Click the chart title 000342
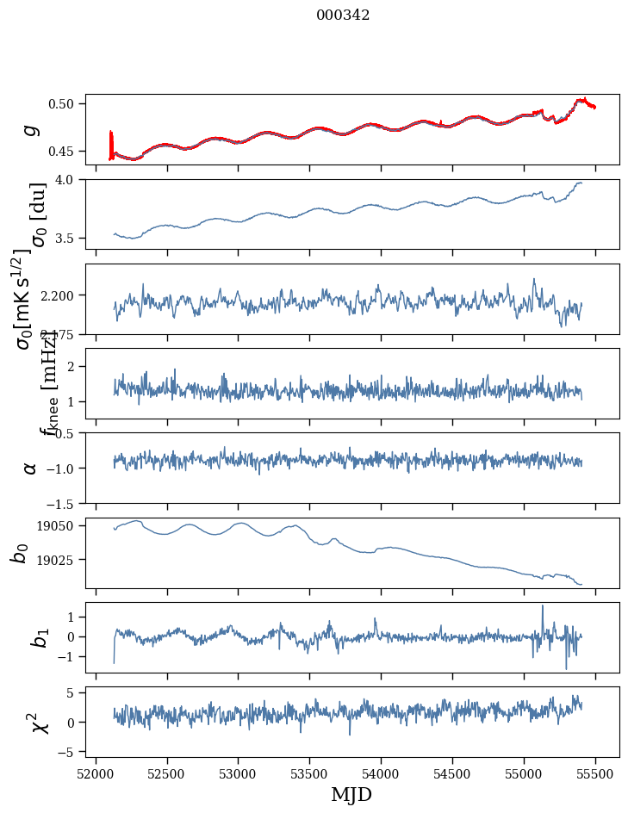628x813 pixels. tap(343, 16)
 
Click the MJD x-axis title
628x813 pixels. tap(351, 794)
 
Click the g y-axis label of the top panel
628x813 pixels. tap(31, 129)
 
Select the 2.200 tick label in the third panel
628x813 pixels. tap(60, 295)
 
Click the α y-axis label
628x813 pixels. tap(31, 468)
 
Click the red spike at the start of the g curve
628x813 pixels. tap(111, 143)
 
